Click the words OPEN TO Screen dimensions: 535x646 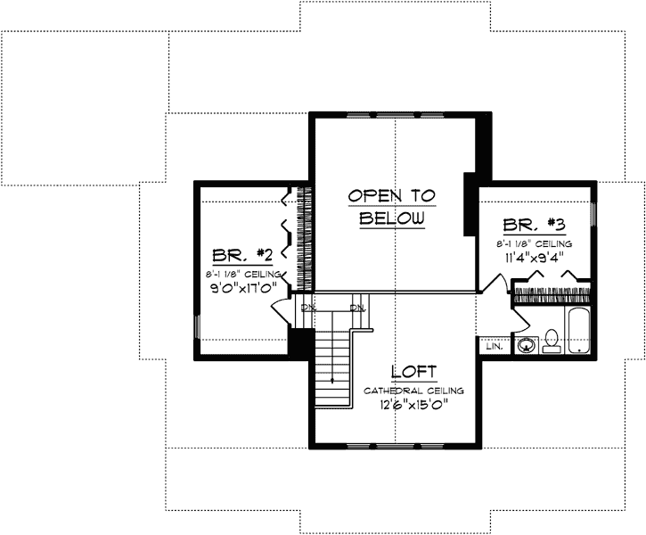[391, 195]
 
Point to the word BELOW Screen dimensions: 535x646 [391, 218]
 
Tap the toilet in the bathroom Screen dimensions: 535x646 [551, 341]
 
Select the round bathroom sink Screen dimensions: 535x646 [526, 344]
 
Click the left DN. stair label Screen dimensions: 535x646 [308, 308]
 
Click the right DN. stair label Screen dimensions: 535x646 [358, 308]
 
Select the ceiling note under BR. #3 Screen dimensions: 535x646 [535, 243]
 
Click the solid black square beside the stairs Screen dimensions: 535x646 [301, 342]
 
